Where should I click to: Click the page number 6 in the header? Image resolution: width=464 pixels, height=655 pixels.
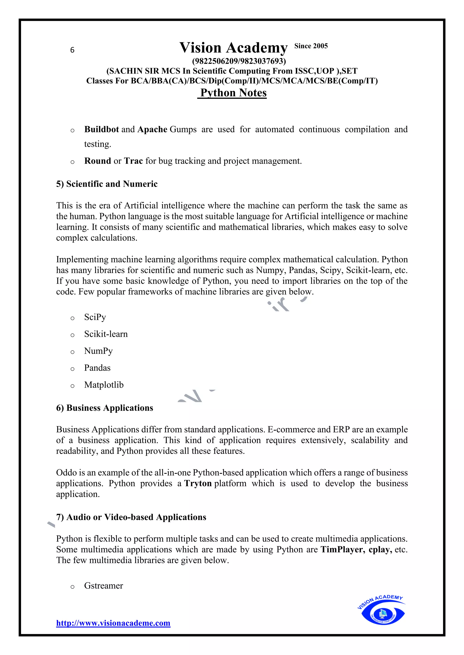tap(72, 50)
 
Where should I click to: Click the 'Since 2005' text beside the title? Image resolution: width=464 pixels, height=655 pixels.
tap(311, 46)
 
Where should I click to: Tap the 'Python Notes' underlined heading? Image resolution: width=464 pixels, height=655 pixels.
tap(233, 93)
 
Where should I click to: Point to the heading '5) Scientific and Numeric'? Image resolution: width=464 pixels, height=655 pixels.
tap(107, 184)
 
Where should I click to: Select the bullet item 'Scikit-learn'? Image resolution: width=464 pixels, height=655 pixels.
tap(106, 334)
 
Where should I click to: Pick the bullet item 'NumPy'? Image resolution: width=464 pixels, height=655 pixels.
tap(98, 351)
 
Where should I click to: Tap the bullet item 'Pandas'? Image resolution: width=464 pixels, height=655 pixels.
tap(97, 368)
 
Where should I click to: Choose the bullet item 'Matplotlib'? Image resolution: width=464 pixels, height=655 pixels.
tap(104, 385)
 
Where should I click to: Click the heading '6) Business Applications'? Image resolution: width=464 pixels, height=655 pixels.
tap(105, 408)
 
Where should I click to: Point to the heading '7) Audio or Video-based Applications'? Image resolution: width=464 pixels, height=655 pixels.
tap(131, 517)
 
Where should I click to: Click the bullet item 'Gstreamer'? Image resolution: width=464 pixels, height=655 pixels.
tap(104, 586)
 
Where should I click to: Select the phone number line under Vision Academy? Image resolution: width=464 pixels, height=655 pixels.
tap(239, 61)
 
